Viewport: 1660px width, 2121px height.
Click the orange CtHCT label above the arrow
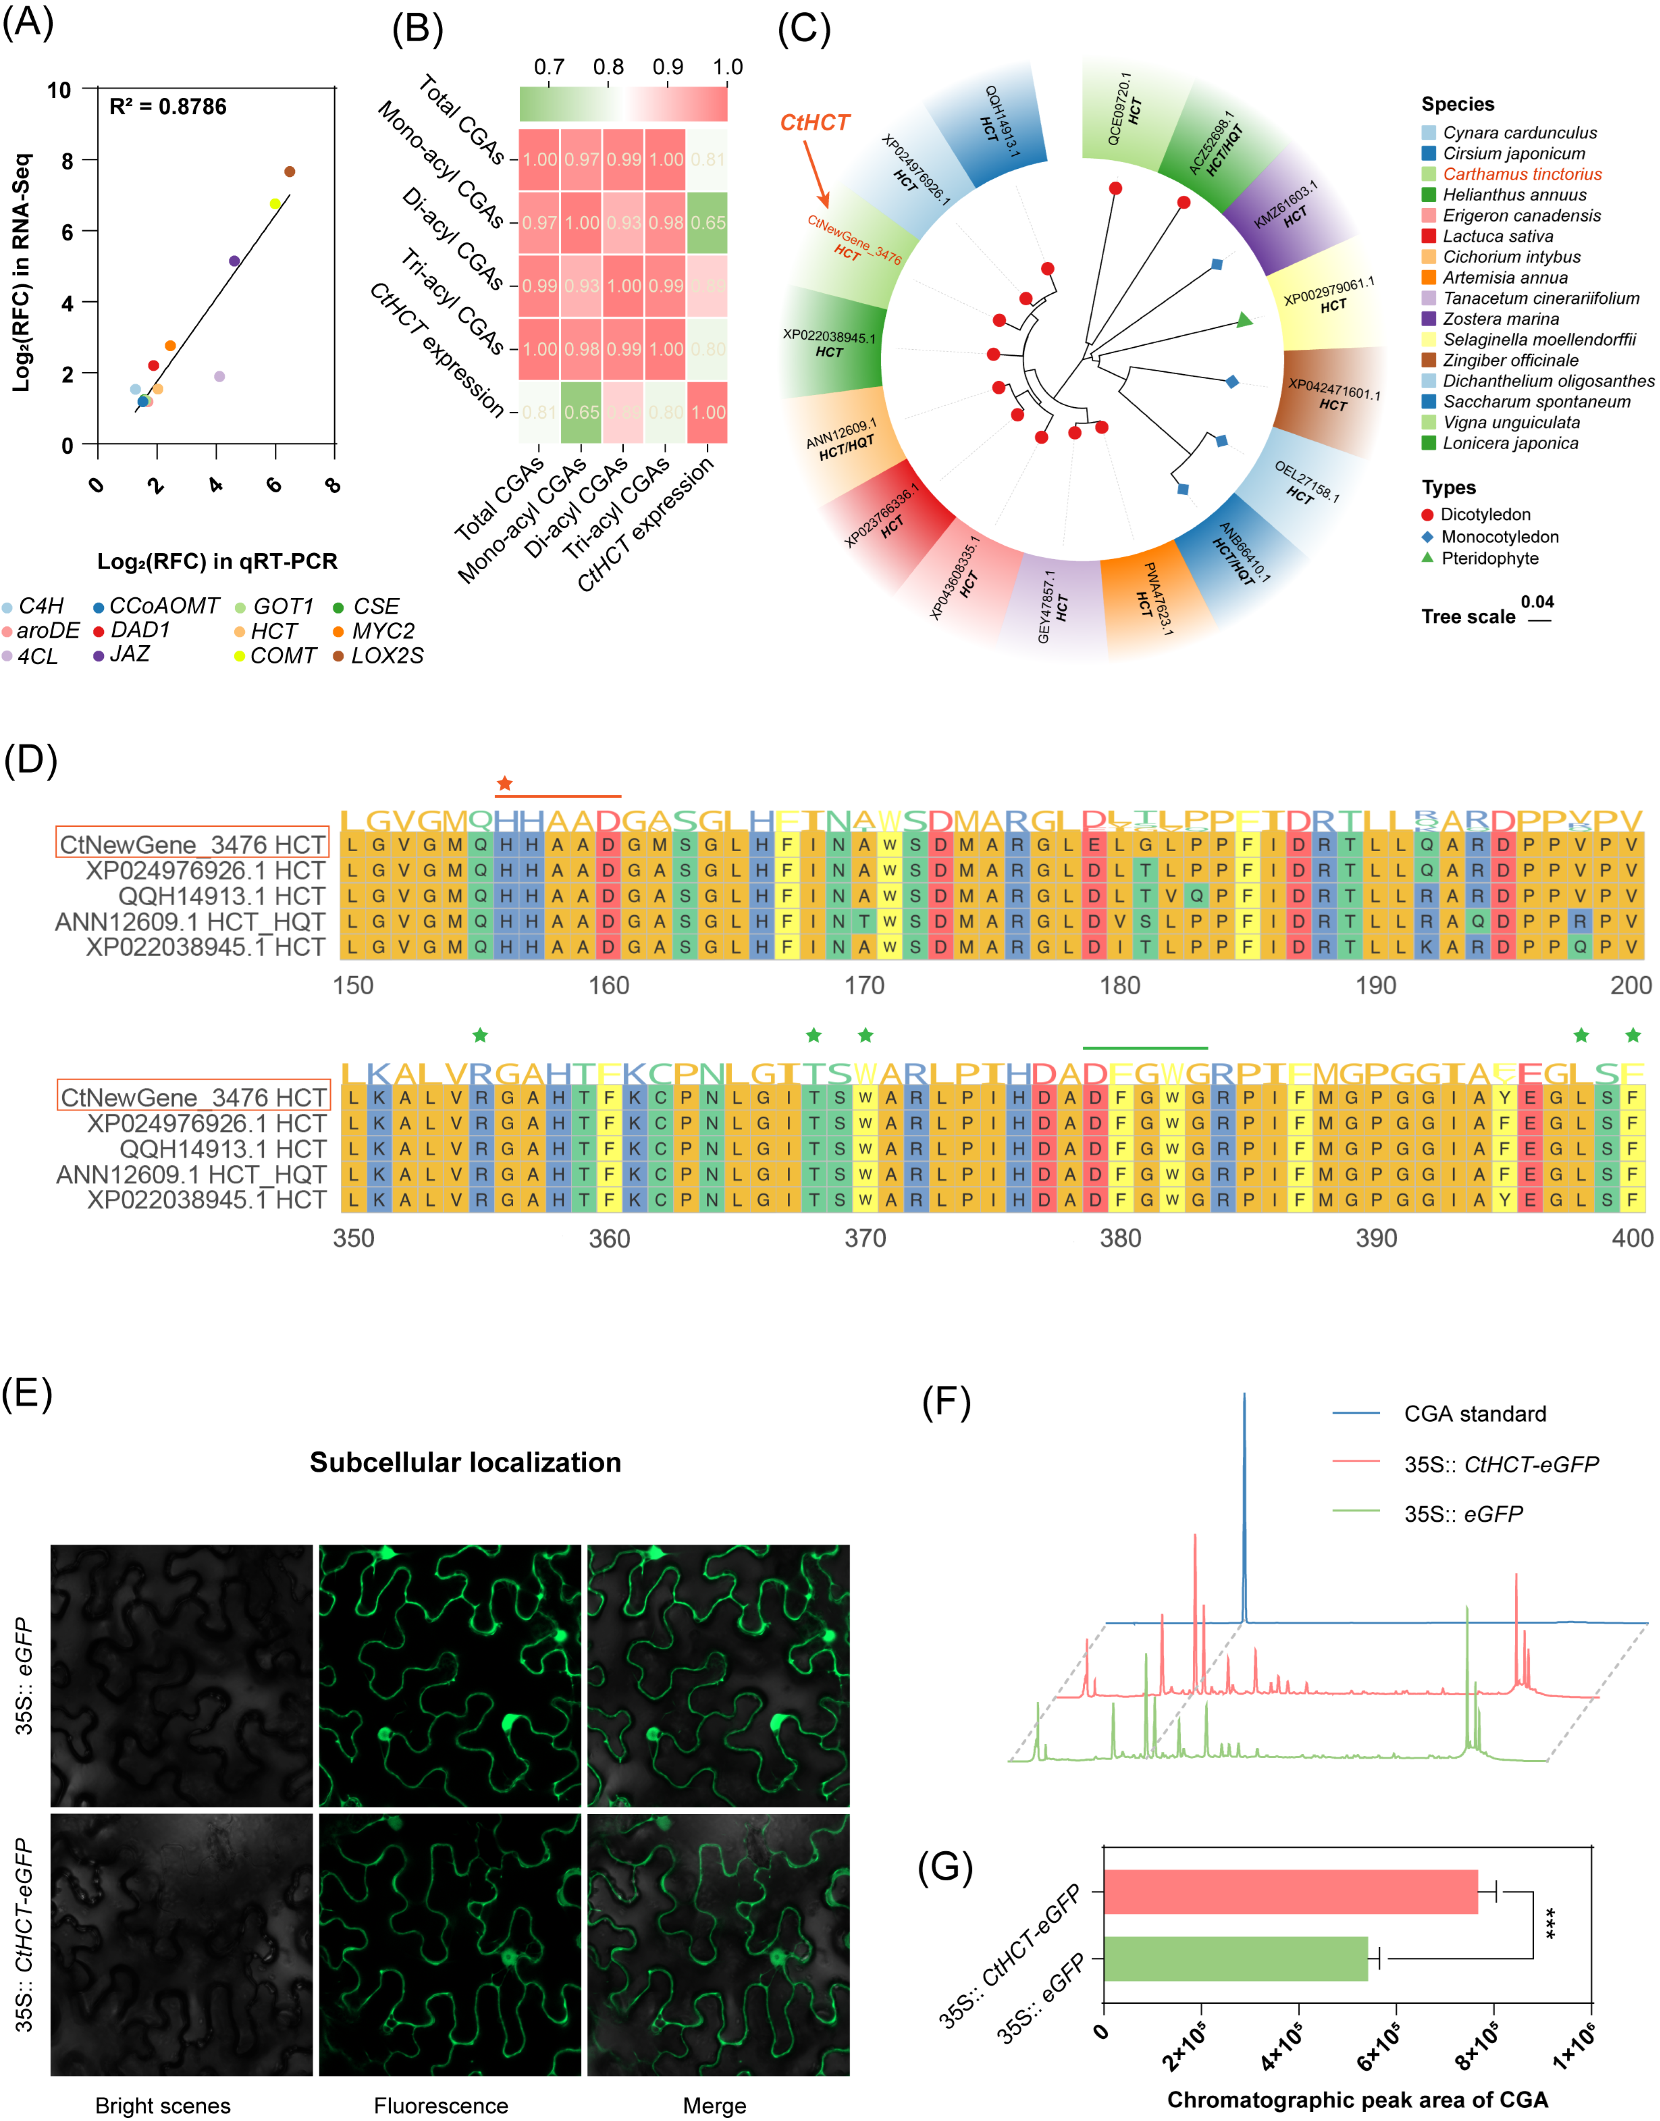point(814,122)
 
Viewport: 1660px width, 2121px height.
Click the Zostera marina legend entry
point(1500,319)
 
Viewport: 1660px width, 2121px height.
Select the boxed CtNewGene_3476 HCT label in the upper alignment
point(192,844)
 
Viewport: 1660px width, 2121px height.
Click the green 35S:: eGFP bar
point(1234,1958)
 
